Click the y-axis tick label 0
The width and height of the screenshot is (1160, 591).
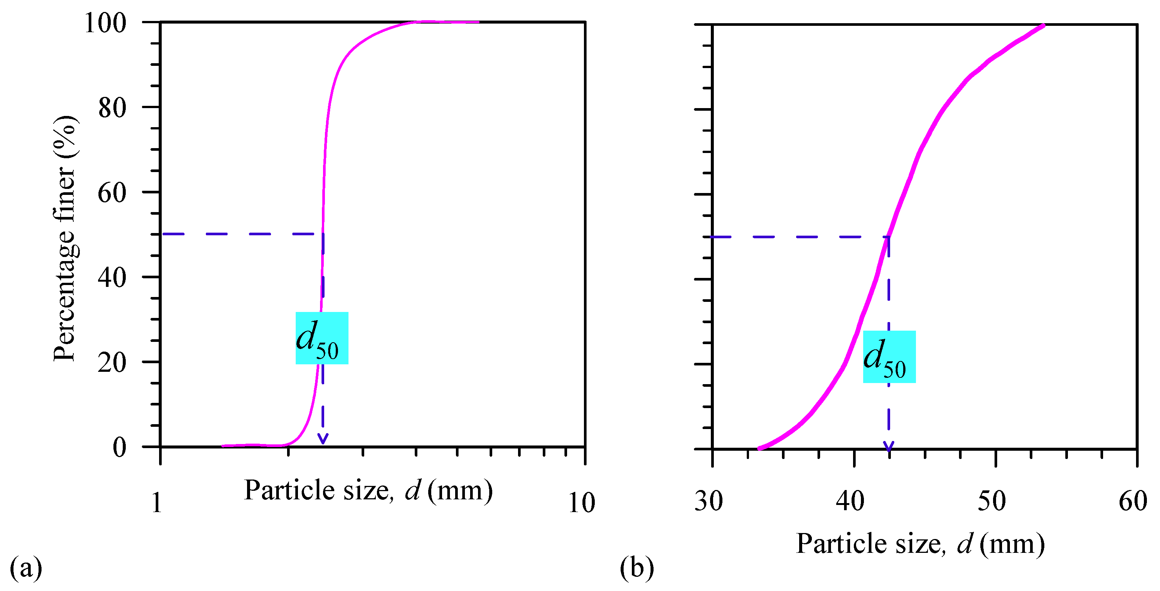[120, 447]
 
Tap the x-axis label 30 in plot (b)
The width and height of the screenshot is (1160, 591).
[709, 501]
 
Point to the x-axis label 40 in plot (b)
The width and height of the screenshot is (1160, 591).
[850, 501]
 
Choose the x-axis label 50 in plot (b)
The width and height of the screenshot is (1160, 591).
[992, 501]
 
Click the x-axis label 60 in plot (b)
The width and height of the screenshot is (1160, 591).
[1133, 501]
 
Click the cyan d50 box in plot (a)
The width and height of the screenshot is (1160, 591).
[322, 338]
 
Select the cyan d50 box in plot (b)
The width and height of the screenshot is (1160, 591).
[889, 357]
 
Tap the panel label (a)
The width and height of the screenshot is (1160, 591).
[26, 569]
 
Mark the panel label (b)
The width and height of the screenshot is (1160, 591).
[637, 569]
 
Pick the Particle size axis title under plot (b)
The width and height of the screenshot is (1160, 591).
[920, 544]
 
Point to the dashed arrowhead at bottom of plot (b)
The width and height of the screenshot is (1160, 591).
[889, 447]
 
